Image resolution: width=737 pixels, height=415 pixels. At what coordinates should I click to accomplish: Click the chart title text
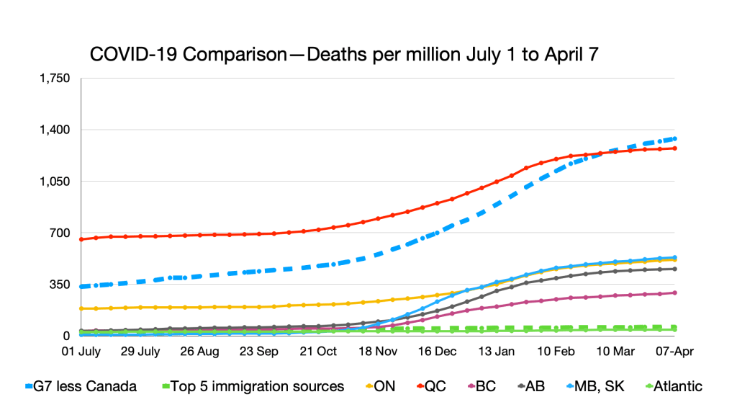pyautogui.click(x=345, y=55)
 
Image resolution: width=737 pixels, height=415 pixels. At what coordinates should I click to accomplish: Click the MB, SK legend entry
pyautogui.click(x=598, y=386)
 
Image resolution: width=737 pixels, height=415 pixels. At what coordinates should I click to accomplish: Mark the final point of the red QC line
pyautogui.click(x=674, y=148)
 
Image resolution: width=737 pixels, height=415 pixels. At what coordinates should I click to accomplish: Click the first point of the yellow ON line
pyautogui.click(x=81, y=308)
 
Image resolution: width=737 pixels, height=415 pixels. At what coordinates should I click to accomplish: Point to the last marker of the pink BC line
pyautogui.click(x=674, y=293)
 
